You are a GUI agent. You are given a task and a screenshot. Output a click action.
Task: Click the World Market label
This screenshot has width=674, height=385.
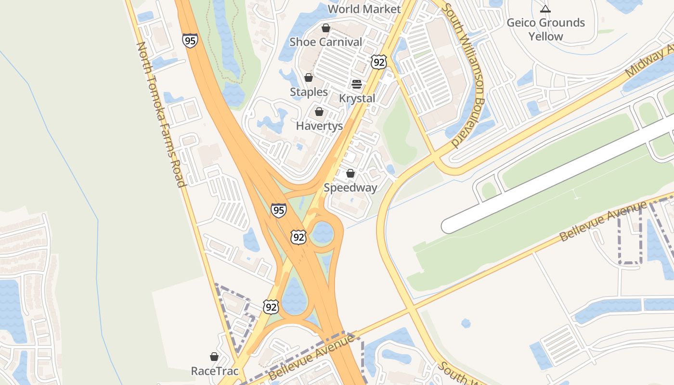tap(364, 9)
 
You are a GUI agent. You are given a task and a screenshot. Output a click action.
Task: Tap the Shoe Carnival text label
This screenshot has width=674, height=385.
tap(325, 42)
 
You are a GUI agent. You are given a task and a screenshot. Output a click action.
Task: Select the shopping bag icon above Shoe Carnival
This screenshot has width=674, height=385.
tap(326, 28)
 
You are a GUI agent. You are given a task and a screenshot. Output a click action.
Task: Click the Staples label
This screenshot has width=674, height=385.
tap(309, 92)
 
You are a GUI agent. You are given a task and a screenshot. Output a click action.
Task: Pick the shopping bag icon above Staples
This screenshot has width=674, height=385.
tap(309, 77)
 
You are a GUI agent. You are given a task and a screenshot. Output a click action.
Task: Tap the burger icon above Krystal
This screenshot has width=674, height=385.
tap(357, 84)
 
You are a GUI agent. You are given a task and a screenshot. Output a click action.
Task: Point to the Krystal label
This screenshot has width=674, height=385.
tap(357, 98)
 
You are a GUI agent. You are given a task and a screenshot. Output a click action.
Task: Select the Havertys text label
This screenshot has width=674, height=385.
tap(319, 126)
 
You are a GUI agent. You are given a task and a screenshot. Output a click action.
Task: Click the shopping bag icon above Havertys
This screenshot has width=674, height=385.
tap(319, 112)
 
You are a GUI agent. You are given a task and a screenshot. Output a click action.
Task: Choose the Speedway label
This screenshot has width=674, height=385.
tap(350, 188)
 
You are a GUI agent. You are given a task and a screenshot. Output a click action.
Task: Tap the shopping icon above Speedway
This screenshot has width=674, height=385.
tap(350, 173)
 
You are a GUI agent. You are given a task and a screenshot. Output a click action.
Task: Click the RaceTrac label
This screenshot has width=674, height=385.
tap(215, 371)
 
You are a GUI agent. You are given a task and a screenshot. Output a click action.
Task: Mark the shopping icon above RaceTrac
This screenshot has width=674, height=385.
tap(214, 357)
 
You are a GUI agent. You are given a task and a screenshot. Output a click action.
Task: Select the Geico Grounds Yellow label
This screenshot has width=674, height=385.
tap(545, 29)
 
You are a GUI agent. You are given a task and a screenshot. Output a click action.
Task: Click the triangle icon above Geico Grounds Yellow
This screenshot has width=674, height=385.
tap(545, 9)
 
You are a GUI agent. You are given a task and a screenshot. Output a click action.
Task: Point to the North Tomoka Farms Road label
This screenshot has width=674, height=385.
tap(161, 115)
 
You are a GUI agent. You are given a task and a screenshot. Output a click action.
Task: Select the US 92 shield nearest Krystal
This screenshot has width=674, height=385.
tap(379, 62)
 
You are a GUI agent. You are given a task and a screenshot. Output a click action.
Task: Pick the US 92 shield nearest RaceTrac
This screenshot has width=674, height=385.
tap(271, 307)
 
